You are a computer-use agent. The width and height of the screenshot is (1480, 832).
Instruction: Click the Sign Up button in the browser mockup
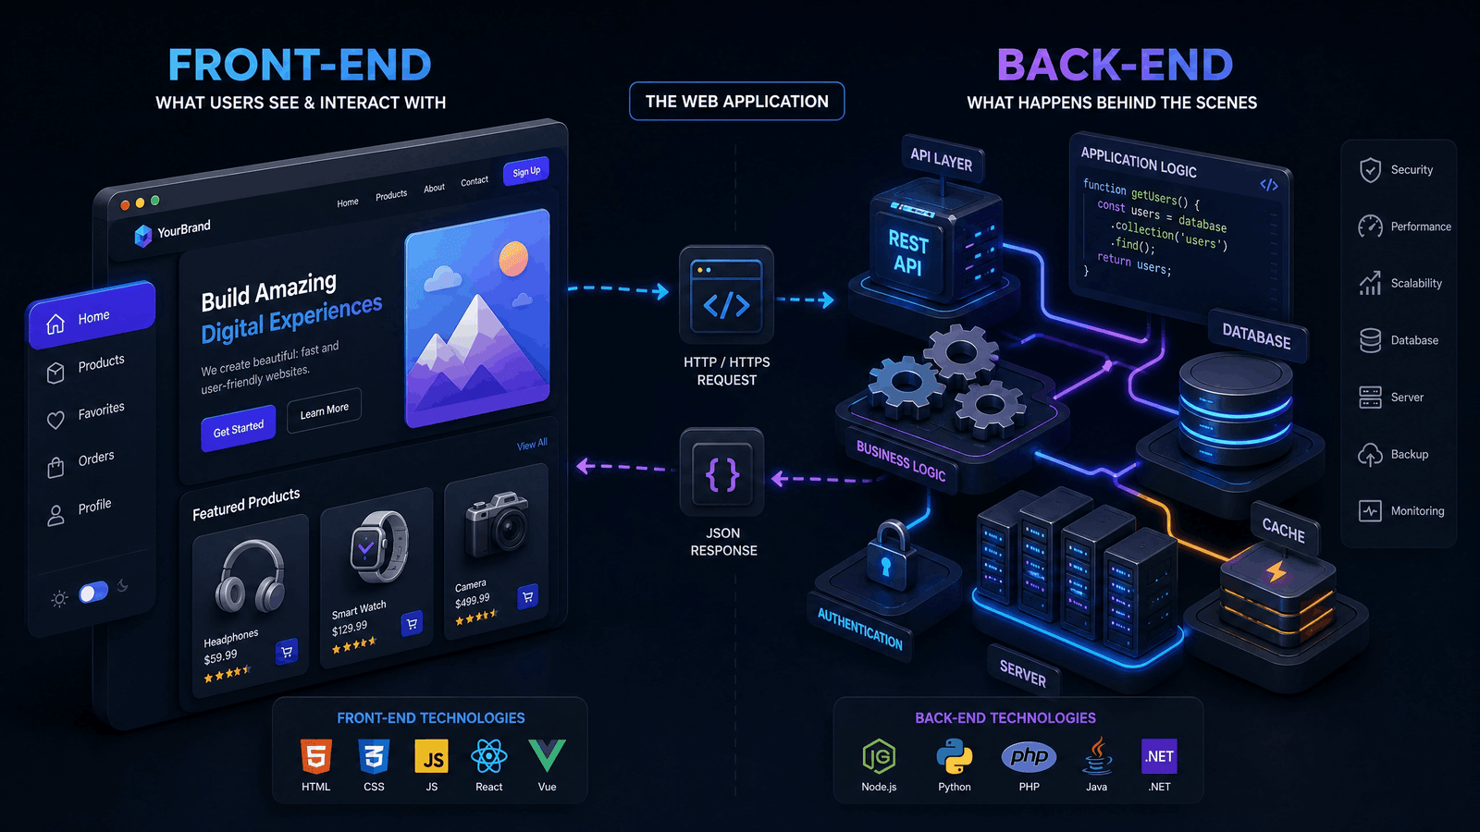tap(526, 172)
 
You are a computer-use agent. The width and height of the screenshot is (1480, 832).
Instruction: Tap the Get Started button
tap(238, 429)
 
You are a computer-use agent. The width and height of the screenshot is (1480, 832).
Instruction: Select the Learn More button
tap(324, 410)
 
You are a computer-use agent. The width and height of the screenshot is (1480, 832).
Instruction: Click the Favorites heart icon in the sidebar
tap(55, 420)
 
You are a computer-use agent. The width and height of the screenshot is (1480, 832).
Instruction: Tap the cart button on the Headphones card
tap(287, 652)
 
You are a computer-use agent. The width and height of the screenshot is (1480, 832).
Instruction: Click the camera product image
tap(497, 524)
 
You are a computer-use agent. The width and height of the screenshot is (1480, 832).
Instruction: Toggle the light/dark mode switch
tap(93, 592)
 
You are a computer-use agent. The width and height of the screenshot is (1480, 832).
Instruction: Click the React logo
tap(489, 756)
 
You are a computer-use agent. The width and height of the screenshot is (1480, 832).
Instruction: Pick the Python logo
tap(954, 756)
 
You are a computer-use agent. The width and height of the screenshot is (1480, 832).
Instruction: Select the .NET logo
tap(1159, 756)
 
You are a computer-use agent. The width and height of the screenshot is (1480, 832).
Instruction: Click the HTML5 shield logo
tap(315, 756)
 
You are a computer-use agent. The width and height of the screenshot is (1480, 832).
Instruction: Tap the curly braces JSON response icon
tap(722, 472)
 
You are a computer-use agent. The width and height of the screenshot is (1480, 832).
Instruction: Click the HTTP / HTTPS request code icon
tap(726, 295)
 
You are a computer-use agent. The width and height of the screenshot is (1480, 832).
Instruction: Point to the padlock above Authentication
tap(887, 553)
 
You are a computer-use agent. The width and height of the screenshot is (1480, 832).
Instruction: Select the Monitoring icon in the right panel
tap(1370, 511)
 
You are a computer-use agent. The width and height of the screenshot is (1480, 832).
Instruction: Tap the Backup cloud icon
tap(1370, 454)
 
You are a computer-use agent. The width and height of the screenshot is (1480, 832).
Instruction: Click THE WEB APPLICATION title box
tap(736, 101)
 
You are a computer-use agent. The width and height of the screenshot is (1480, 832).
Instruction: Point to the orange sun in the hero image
tap(513, 258)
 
